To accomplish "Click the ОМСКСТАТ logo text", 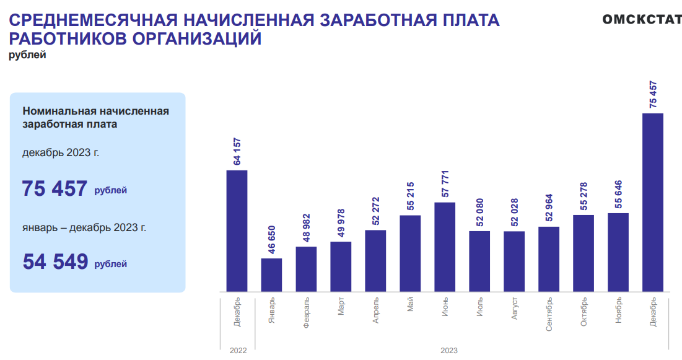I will pos(642,19).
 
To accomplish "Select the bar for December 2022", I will pos(237,230).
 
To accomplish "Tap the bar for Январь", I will pos(271,274).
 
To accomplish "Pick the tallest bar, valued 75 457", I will pos(653,202).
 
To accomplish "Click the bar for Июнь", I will pos(445,247).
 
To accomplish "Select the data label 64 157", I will pos(237,151).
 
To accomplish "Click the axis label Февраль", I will pos(307,313).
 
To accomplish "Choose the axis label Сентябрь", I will pos(549,315).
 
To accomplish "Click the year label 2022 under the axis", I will pos(238,351).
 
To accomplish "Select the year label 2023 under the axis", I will pos(449,351).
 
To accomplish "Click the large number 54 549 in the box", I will pos(55,261).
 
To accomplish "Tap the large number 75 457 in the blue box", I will pos(55,188).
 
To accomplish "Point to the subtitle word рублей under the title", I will pos(27,55).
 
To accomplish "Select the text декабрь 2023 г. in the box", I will pos(61,152).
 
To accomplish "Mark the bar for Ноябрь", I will pos(618,252).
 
